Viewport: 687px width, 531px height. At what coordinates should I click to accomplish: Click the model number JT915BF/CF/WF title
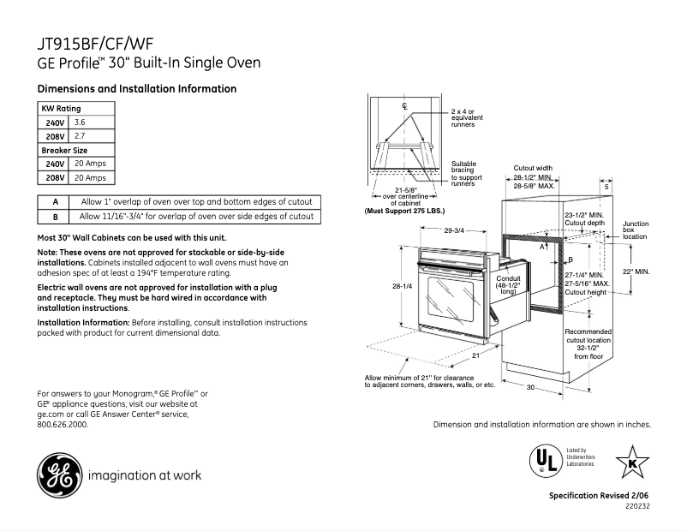(x=97, y=44)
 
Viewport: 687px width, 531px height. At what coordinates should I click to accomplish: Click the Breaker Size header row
(x=65, y=150)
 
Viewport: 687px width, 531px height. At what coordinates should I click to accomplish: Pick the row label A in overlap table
(x=55, y=202)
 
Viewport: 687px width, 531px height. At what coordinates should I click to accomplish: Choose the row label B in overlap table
(x=55, y=217)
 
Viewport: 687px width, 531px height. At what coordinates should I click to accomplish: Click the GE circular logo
(x=55, y=474)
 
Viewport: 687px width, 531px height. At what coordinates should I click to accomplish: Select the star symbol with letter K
(x=632, y=462)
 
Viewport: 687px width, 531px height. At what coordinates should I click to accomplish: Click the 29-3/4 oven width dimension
(x=454, y=230)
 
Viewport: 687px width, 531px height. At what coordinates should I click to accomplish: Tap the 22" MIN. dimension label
(x=660, y=271)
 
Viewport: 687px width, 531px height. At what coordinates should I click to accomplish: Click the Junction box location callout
(x=635, y=229)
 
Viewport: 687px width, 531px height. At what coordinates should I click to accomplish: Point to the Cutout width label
(x=533, y=169)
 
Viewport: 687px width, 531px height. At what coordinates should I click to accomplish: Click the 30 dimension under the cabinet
(x=530, y=388)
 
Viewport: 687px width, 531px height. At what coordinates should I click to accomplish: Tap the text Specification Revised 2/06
(x=599, y=497)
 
